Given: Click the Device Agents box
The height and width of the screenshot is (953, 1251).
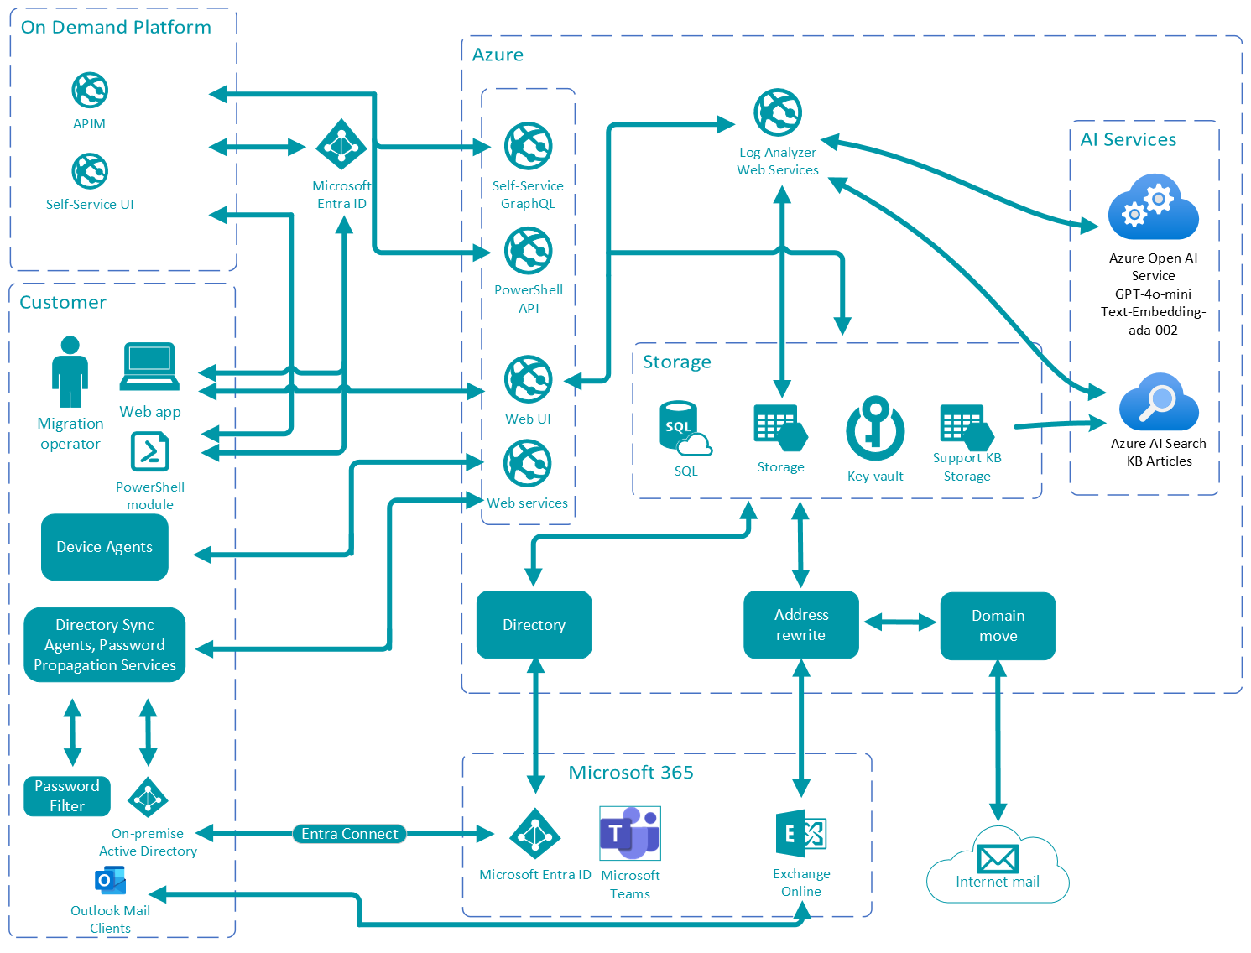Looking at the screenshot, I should [x=105, y=547].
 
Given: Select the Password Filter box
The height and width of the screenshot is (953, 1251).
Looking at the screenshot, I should [x=67, y=796].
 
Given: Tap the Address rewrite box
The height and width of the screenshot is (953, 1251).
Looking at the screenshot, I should [x=801, y=625].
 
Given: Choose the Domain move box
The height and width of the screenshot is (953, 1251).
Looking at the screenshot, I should [x=998, y=626].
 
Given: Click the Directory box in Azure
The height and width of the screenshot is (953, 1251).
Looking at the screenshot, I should [x=534, y=625].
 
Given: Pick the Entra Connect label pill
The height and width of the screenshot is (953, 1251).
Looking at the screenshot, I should [x=349, y=834].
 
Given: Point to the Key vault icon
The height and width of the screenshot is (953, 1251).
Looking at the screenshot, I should [x=875, y=429].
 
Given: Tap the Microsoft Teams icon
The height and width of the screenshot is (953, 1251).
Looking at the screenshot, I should [x=630, y=833].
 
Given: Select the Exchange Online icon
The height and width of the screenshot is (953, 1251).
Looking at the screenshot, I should [x=801, y=834].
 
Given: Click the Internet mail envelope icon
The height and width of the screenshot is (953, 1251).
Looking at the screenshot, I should [x=998, y=858].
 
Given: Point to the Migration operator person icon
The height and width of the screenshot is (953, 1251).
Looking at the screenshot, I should [x=70, y=372].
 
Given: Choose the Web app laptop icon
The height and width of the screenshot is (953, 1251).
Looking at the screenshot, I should [x=149, y=367].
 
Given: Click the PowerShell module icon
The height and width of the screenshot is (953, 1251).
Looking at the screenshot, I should [x=150, y=451].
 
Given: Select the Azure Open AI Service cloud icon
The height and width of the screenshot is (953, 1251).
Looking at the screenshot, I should [x=1153, y=207].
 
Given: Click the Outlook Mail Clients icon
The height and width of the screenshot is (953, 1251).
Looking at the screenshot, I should [x=110, y=881].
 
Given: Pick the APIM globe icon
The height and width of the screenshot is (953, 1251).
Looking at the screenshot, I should [x=90, y=90].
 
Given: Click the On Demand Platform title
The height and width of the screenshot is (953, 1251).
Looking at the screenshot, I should [x=116, y=27].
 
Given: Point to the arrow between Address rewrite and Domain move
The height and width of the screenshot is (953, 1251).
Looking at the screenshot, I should [x=899, y=622].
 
